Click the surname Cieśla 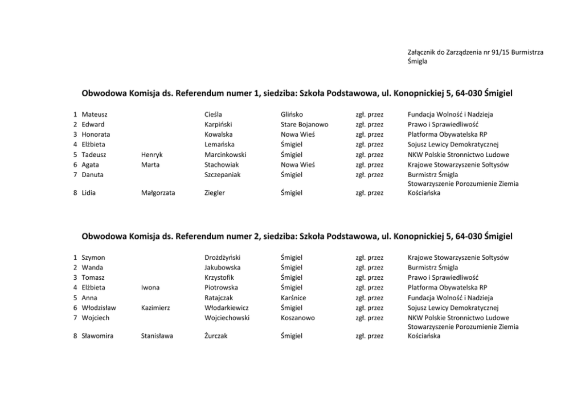tap(213, 115)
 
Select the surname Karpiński tap(218, 124)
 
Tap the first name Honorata tap(96, 134)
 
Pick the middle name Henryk tap(152, 154)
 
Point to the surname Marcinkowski tap(225, 154)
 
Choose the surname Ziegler tap(215, 193)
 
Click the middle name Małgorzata tap(158, 193)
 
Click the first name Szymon tap(93, 258)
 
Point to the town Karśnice tap(293, 297)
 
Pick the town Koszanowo tap(297, 318)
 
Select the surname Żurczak tap(216, 336)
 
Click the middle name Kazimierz tap(155, 308)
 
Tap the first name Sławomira tap(97, 336)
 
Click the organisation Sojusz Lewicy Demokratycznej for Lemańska tap(453, 145)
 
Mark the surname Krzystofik tap(219, 277)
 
